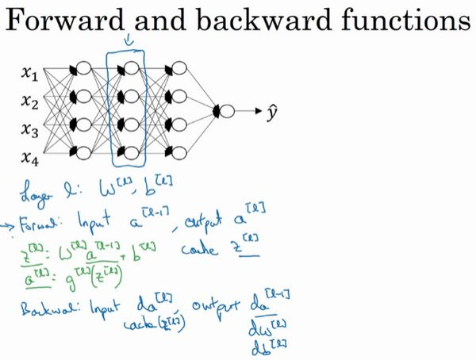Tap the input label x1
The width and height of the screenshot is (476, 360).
pyautogui.click(x=29, y=75)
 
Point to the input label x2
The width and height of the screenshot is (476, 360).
pyautogui.click(x=29, y=101)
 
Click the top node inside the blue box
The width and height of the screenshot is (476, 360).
pyautogui.click(x=129, y=68)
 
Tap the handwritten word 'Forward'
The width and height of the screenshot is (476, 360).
pyautogui.click(x=51, y=218)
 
